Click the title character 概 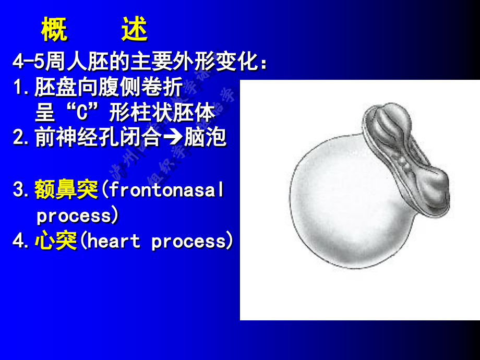[x=54, y=31]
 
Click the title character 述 [x=135, y=31]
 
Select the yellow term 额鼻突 [x=66, y=190]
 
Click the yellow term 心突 [x=56, y=241]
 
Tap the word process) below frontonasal [x=78, y=215]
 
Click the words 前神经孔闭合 [x=99, y=138]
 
